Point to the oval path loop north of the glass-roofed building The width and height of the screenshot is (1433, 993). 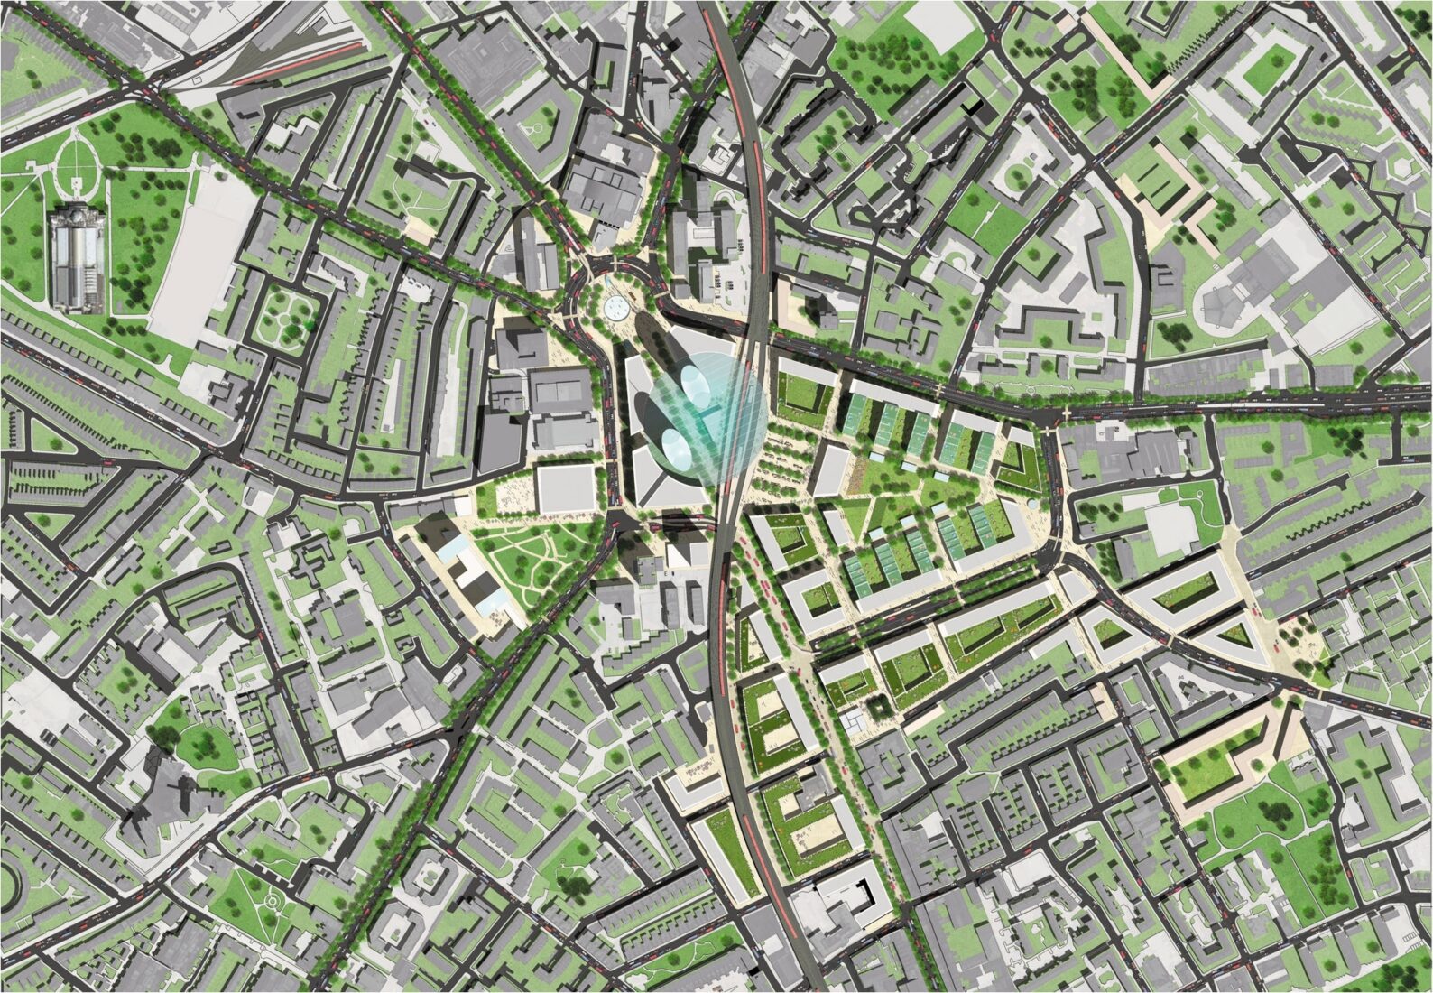tap(78, 163)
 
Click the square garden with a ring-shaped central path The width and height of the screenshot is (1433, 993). tap(283, 318)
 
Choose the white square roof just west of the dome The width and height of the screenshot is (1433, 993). tap(566, 487)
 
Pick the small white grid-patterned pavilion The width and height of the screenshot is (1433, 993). tap(854, 720)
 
